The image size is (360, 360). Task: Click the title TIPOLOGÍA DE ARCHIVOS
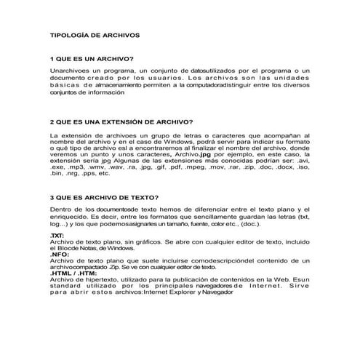pyautogui.click(x=93, y=34)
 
